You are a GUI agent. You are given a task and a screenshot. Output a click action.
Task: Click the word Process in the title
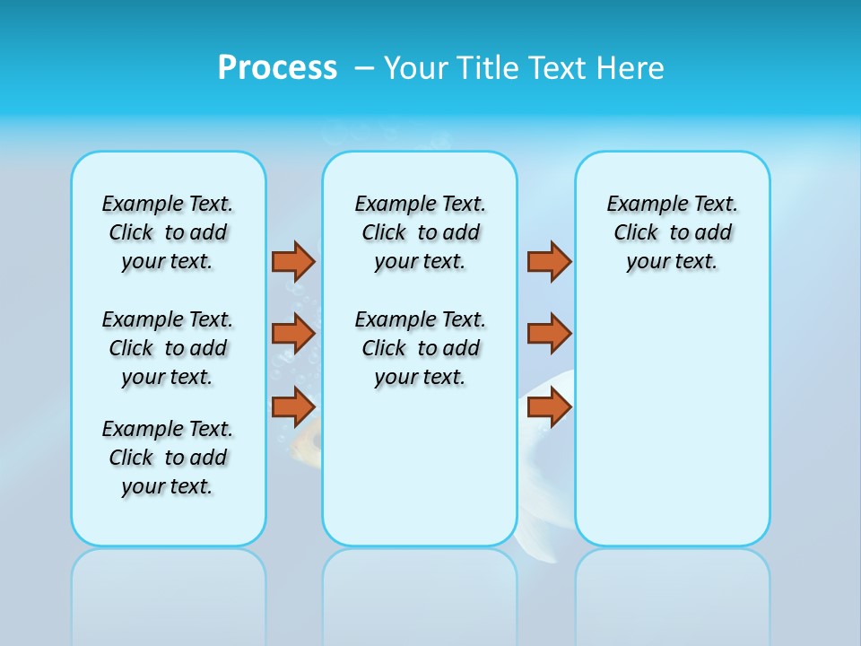(x=276, y=68)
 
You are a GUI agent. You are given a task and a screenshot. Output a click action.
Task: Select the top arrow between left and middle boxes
(x=293, y=261)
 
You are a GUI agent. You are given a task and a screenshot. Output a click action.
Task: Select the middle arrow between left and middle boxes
(x=293, y=334)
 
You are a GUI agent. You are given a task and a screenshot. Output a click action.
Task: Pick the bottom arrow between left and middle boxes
(x=293, y=407)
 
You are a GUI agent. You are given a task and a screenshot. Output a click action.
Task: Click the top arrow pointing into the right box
(x=549, y=261)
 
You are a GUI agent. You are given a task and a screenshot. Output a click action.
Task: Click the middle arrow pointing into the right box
(x=549, y=334)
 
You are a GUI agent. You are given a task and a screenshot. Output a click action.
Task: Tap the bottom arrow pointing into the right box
(x=549, y=407)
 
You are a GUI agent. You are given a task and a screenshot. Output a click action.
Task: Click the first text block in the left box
(x=168, y=232)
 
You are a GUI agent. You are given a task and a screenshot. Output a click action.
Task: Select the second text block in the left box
(x=168, y=348)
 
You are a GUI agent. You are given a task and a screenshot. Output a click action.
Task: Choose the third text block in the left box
(x=168, y=458)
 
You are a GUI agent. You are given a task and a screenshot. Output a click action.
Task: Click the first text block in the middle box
(x=420, y=232)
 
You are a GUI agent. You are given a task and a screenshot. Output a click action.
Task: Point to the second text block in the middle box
(x=420, y=348)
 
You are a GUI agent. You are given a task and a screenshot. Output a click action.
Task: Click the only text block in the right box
(x=673, y=232)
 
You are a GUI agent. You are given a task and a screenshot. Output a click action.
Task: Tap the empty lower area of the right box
(x=673, y=431)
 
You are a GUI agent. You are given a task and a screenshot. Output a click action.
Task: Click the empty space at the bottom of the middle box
(x=420, y=476)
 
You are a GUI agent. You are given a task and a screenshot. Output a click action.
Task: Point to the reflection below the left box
(x=169, y=583)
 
